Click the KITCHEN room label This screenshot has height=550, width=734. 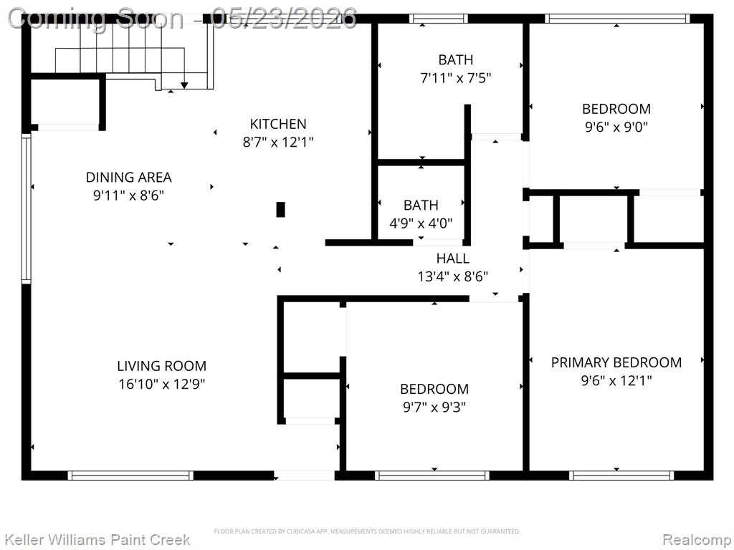pos(278,124)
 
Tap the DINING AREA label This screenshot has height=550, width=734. pos(129,178)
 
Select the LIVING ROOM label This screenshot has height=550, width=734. pos(161,366)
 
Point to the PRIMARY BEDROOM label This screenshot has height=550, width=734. pos(616,362)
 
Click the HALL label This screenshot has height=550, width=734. pos(453,258)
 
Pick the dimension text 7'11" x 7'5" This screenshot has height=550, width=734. pos(455,77)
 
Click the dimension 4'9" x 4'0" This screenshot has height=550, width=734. pos(421,223)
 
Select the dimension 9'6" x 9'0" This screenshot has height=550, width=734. pos(616,127)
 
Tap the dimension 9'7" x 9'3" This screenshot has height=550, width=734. pos(434,407)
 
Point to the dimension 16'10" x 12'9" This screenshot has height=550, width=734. pos(161,384)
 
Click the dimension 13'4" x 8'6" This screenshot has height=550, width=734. pos(453,276)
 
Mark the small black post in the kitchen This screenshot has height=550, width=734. pos(280,210)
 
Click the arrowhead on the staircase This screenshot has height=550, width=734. pos(184,85)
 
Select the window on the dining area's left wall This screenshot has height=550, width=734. pos(27,208)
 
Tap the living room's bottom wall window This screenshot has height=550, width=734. pos(130,476)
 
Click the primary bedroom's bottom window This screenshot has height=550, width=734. pos(621,476)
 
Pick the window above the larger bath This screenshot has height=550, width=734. pos(439,19)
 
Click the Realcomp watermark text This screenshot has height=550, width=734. pos(697,540)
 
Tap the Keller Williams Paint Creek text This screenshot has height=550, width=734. pos(97,540)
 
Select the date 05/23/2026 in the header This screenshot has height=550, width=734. pos(284,19)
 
